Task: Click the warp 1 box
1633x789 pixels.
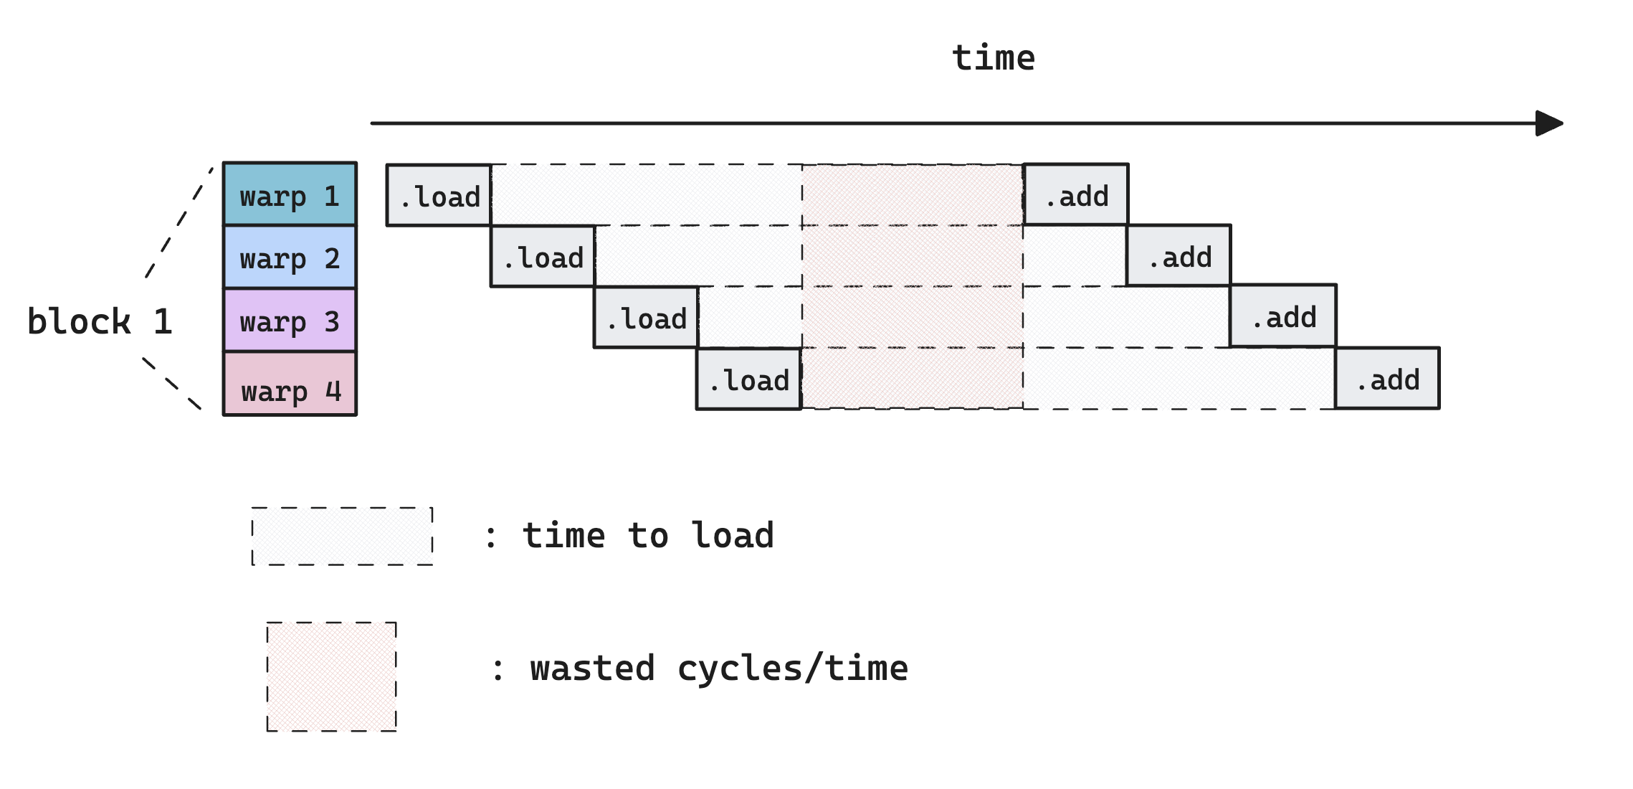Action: (290, 194)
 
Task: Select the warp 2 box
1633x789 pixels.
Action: (290, 257)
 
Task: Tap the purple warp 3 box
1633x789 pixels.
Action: (290, 320)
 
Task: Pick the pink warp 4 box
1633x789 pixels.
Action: (290, 383)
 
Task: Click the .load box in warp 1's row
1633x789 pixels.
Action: (439, 195)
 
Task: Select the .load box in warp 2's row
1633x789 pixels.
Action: (543, 256)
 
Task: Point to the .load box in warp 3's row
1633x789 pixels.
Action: (646, 317)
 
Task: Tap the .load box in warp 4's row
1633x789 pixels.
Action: (749, 379)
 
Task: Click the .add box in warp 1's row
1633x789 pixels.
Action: (1076, 194)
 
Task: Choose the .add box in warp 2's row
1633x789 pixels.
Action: (1179, 255)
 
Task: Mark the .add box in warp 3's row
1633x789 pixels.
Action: (1283, 316)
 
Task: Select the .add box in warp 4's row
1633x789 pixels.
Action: (1387, 378)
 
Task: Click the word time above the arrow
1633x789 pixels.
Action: (994, 58)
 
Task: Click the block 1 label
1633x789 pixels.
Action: (100, 321)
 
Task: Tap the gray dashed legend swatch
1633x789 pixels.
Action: (343, 537)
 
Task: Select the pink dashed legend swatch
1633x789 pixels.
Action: (331, 676)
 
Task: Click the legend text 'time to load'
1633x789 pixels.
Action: (648, 536)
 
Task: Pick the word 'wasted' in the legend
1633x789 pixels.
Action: (592, 668)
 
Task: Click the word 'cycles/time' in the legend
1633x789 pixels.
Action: (792, 668)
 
